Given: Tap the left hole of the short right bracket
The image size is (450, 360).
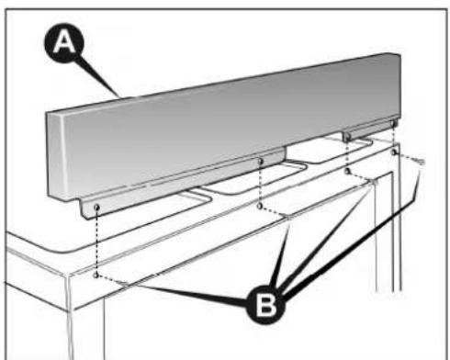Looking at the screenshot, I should [x=348, y=136].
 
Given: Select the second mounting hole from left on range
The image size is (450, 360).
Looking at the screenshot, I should [x=261, y=208].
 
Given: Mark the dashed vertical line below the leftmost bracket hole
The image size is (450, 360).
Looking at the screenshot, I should [x=96, y=243].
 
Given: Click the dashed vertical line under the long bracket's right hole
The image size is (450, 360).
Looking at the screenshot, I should [x=261, y=186].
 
